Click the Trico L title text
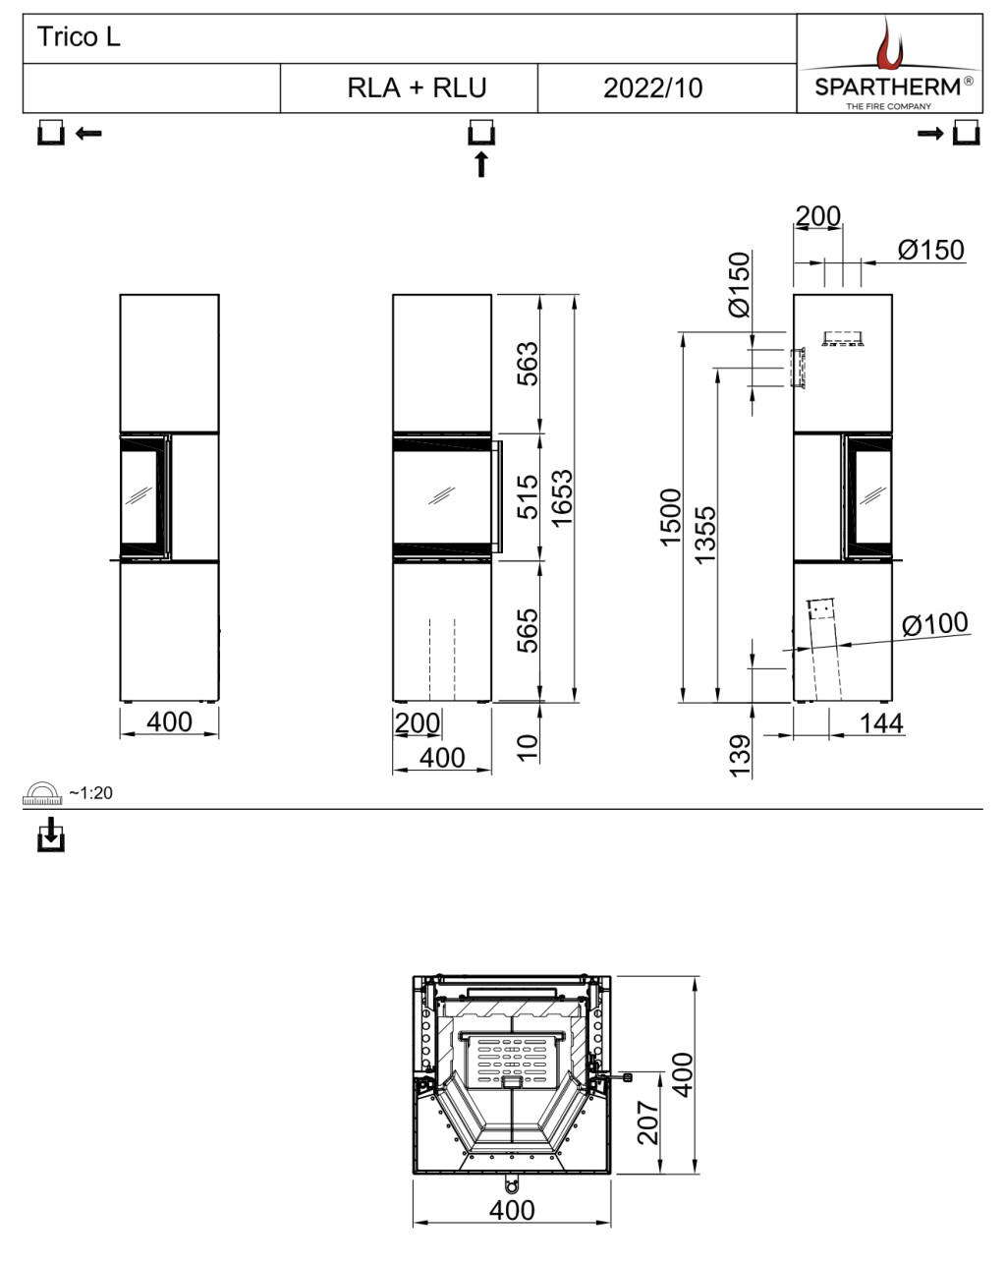79,37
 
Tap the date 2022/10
652,88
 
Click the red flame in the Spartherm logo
890,43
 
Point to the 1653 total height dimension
562,498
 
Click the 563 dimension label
528,364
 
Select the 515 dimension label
528,497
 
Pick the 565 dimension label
528,631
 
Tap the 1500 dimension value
670,518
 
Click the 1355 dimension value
705,535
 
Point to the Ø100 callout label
935,624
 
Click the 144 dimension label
881,723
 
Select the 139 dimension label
740,756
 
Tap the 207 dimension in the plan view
648,1122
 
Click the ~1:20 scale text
90,793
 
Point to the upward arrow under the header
481,164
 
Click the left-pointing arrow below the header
88,134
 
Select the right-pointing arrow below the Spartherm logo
930,134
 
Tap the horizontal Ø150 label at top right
930,250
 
